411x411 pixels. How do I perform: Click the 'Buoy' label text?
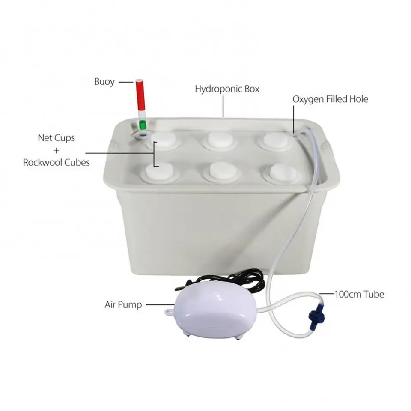tap(104, 82)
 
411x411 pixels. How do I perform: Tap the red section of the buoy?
tap(140, 95)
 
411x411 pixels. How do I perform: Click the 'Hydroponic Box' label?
tap(227, 89)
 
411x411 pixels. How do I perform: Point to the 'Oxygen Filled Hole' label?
tap(330, 99)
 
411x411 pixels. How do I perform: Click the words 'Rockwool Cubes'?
tap(57, 163)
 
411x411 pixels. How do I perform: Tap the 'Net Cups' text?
tap(57, 138)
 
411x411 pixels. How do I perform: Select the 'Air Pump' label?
tap(123, 304)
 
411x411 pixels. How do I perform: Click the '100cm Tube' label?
tap(359, 294)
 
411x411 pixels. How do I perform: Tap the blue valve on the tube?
tap(316, 316)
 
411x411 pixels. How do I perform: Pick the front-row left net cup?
tap(160, 172)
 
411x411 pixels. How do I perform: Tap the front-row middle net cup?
tap(222, 172)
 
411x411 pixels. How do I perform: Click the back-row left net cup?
tap(163, 140)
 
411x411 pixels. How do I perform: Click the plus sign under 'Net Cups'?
tap(57, 150)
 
